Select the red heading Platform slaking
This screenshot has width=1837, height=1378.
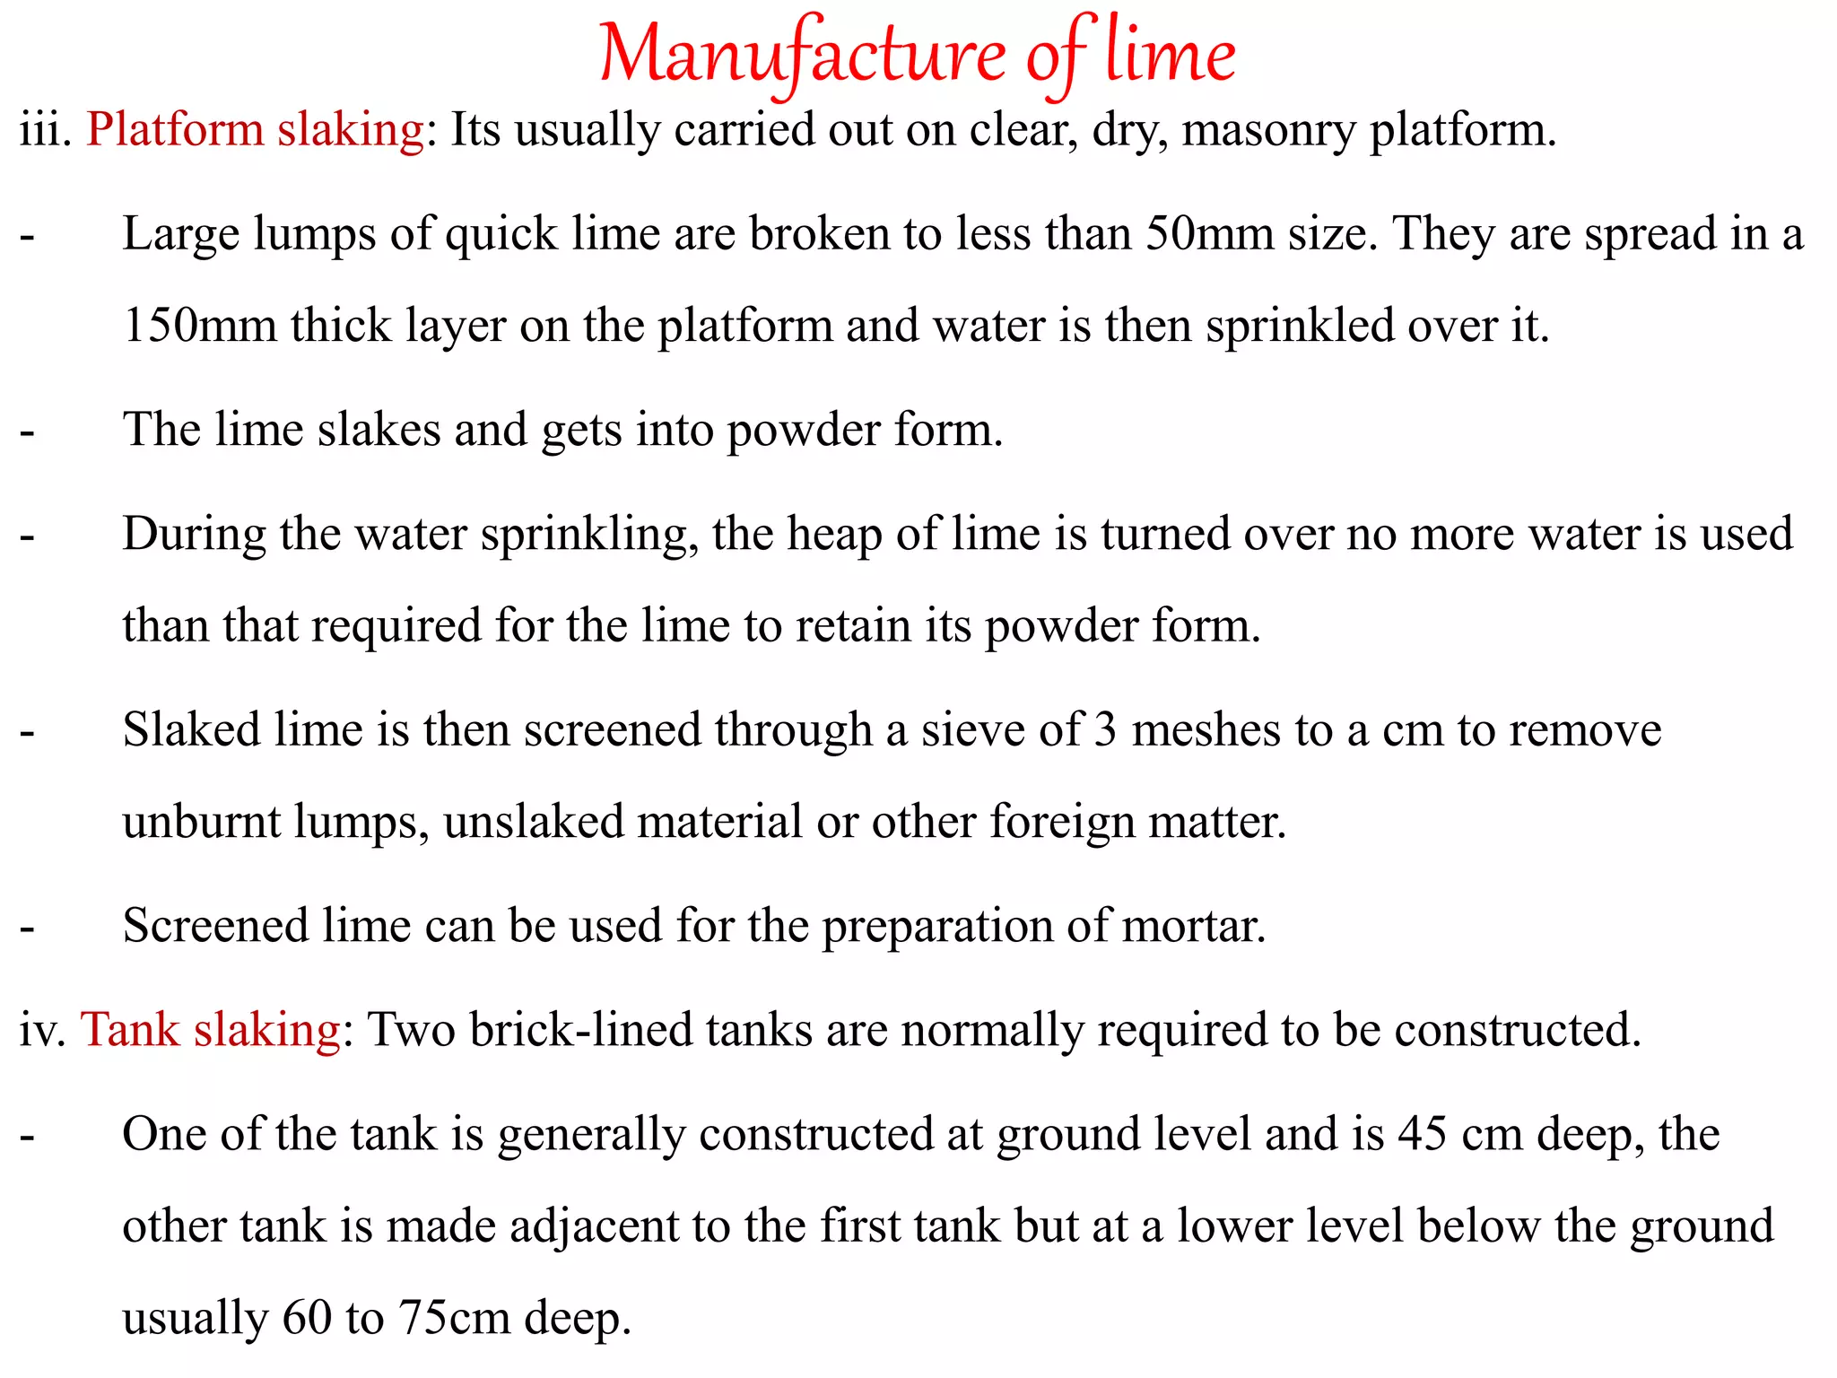click(255, 131)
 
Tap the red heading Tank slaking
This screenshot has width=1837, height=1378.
click(210, 1030)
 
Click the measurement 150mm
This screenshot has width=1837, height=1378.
click(199, 327)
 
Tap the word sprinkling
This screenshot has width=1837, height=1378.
click(589, 536)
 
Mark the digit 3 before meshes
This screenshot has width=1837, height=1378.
click(1105, 730)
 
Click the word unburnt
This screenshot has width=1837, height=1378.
click(202, 822)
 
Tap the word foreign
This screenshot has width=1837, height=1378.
click(1062, 824)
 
